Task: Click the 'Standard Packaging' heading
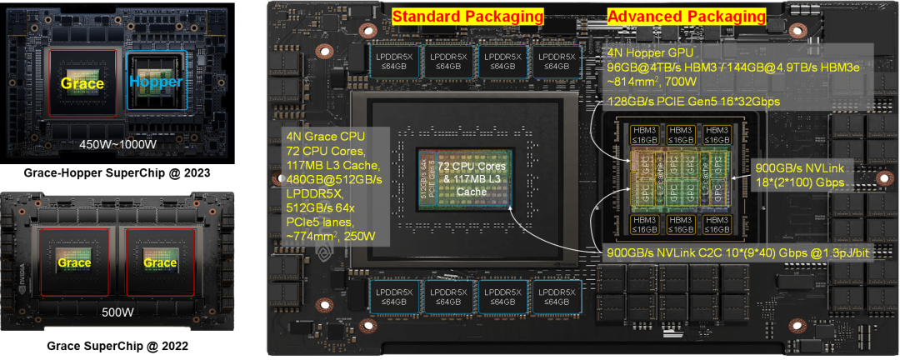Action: coord(467,16)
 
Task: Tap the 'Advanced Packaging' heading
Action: coord(686,16)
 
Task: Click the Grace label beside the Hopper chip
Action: coord(82,82)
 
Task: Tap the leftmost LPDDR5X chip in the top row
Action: coord(395,60)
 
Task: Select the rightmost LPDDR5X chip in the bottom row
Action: coord(558,295)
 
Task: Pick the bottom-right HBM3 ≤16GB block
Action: coord(716,224)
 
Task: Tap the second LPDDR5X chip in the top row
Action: coord(449,60)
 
